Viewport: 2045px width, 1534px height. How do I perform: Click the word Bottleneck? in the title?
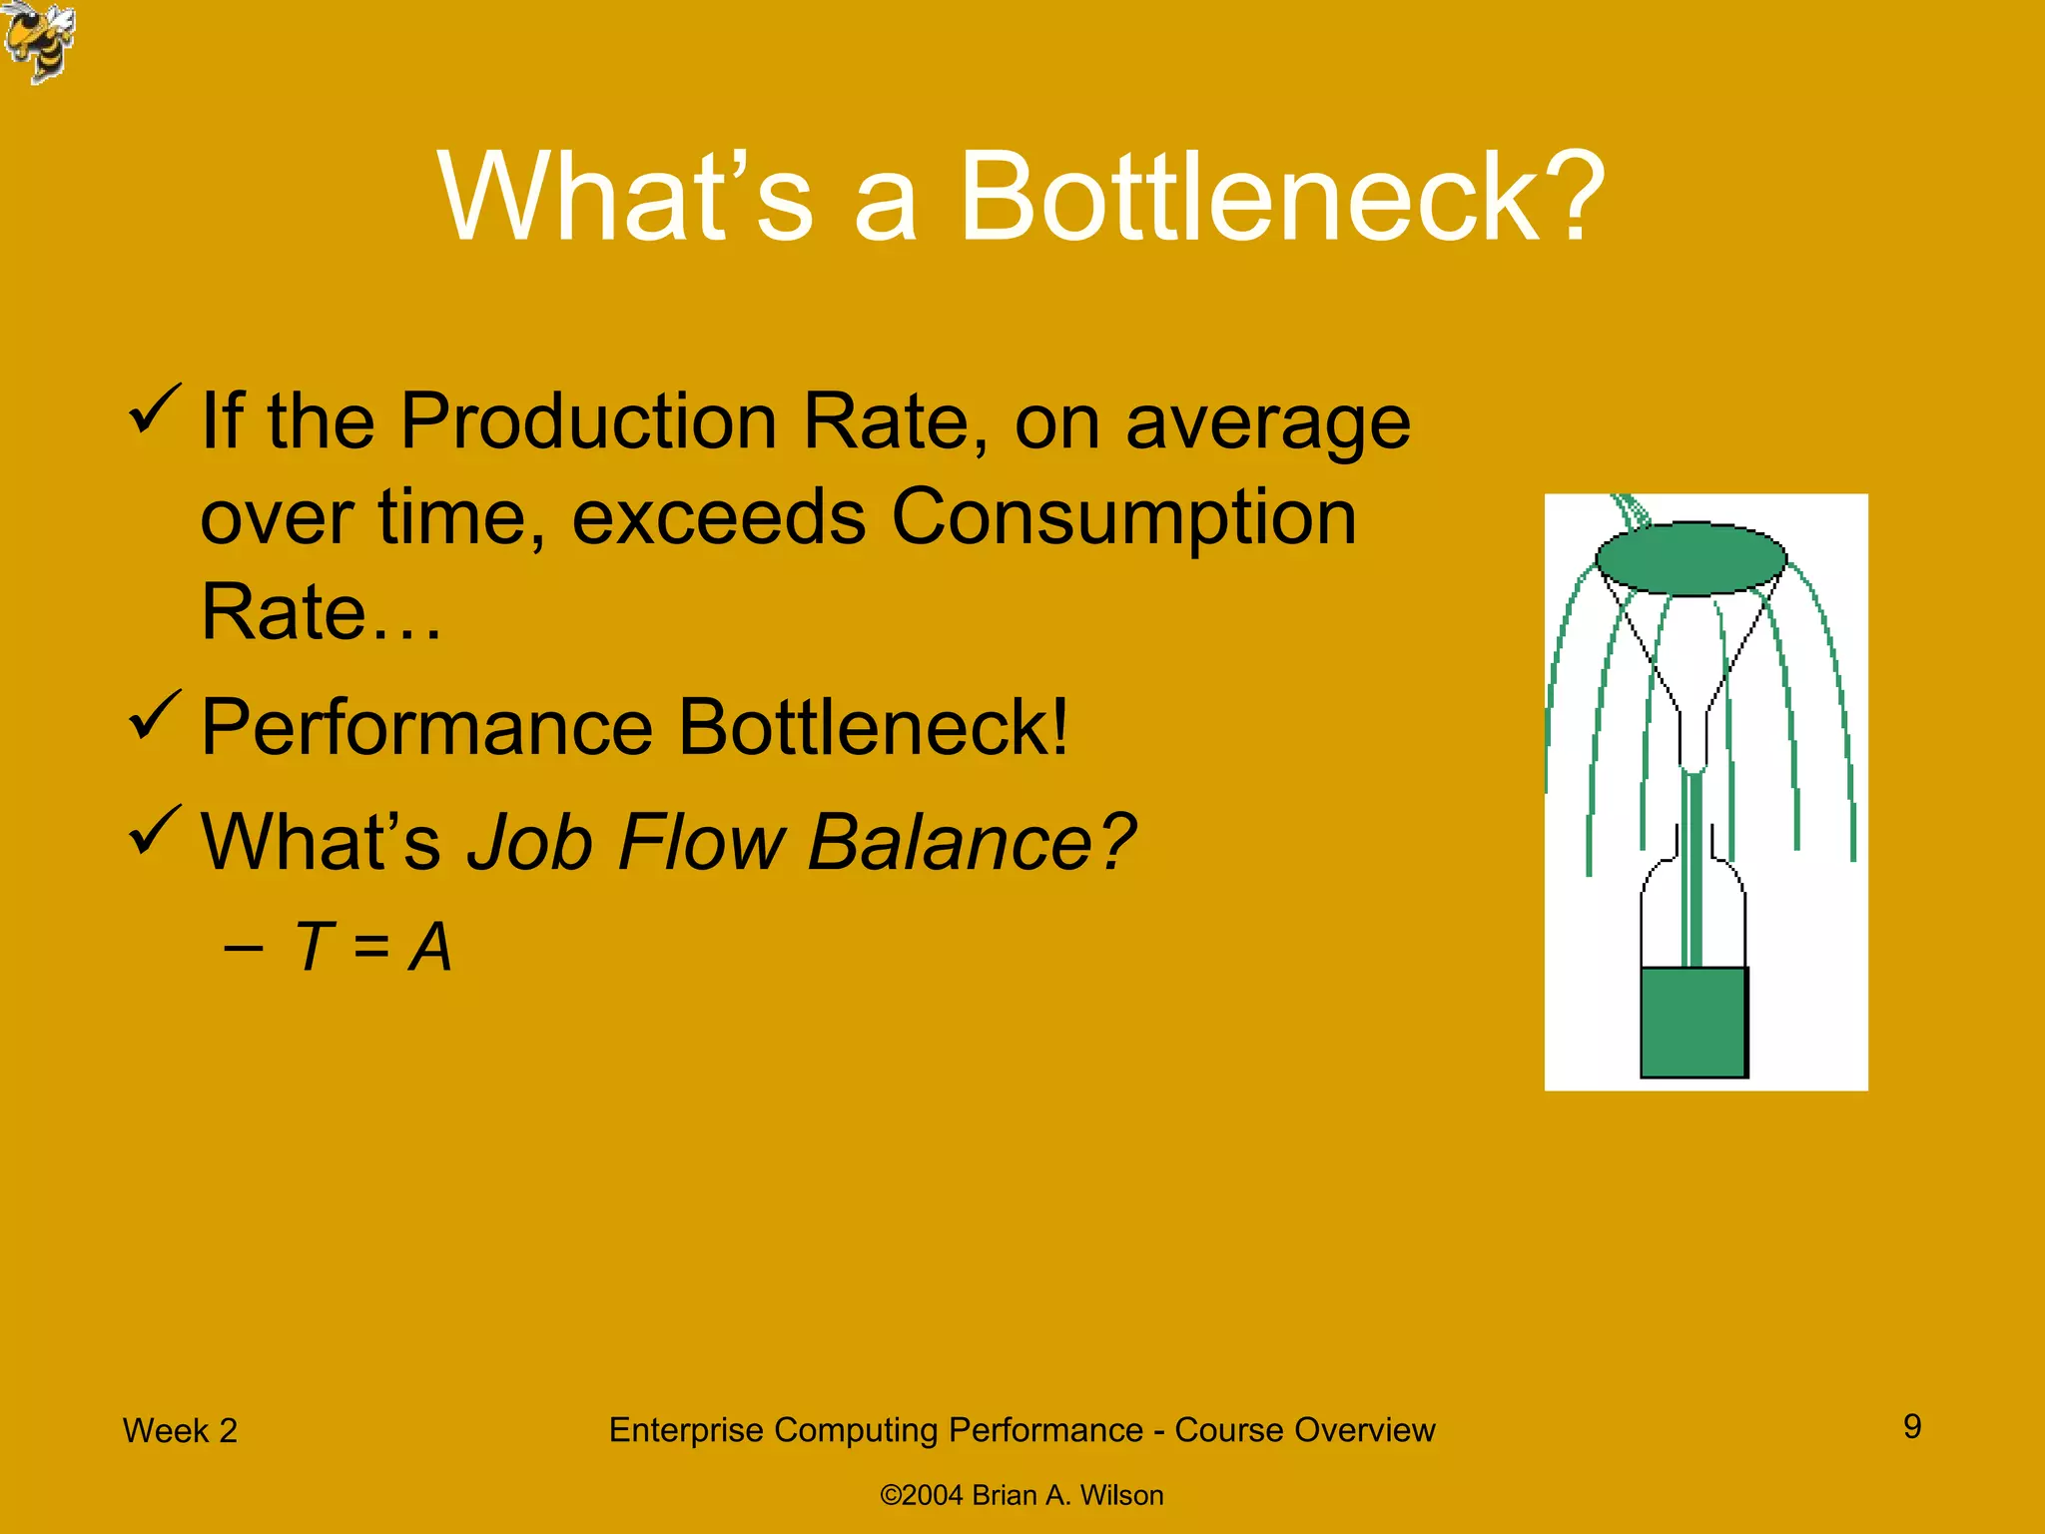click(x=1281, y=197)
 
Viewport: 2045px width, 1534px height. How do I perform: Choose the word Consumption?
click(x=1123, y=517)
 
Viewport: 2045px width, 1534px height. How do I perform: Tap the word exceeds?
click(x=719, y=517)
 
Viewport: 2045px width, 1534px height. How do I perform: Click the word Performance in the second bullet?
click(x=426, y=727)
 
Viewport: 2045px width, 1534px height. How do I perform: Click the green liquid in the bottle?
click(x=1694, y=1021)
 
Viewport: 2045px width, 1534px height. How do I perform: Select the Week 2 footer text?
click(x=180, y=1430)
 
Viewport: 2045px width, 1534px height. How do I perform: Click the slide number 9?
click(x=1912, y=1426)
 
